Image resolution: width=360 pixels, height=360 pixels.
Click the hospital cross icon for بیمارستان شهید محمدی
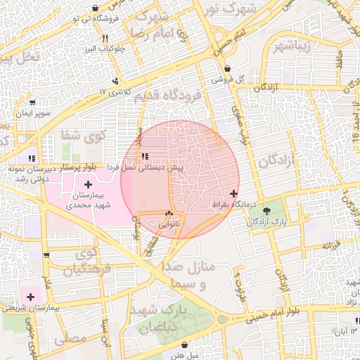pyautogui.click(x=88, y=184)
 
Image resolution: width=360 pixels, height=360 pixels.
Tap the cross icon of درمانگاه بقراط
pyautogui.click(x=234, y=193)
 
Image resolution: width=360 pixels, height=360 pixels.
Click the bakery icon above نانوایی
pyautogui.click(x=168, y=214)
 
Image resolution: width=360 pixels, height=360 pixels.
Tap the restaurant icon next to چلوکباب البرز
pyautogui.click(x=105, y=39)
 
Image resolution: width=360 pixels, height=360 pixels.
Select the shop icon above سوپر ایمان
pyautogui.click(x=32, y=102)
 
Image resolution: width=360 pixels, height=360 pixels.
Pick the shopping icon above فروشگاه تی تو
pyautogui.click(x=95, y=8)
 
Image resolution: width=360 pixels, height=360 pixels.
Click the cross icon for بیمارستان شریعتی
pyautogui.click(x=30, y=296)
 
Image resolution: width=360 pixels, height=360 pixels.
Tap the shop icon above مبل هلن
pyautogui.click(x=184, y=345)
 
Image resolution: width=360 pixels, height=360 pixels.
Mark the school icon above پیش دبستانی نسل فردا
pyautogui.click(x=144, y=157)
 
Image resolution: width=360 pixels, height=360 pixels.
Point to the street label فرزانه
pyautogui.click(x=332, y=245)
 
